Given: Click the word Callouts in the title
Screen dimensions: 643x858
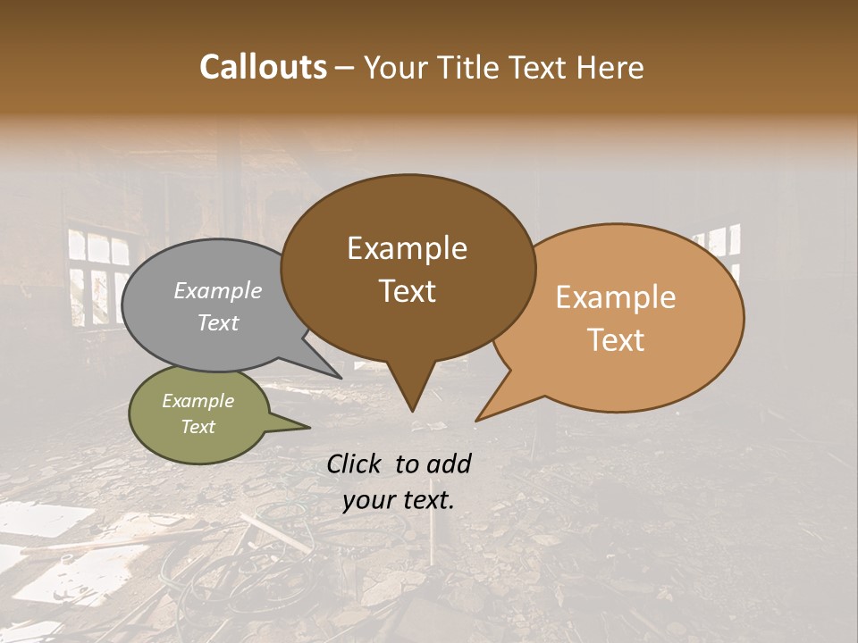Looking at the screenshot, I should coord(263,67).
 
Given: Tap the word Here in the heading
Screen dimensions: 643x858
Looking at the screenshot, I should coord(610,67).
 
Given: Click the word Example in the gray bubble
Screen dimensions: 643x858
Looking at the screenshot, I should coord(217,291).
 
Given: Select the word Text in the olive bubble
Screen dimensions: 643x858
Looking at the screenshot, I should coord(198,427).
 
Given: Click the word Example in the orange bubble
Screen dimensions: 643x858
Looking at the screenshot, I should coord(615,297).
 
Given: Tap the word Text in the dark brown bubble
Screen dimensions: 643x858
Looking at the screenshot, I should coord(407,291).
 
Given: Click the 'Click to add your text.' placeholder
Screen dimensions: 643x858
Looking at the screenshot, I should coord(399,481).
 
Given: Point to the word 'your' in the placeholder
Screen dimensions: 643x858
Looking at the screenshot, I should coord(368,500).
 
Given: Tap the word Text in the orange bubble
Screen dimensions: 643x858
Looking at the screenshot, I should coord(617,340).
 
